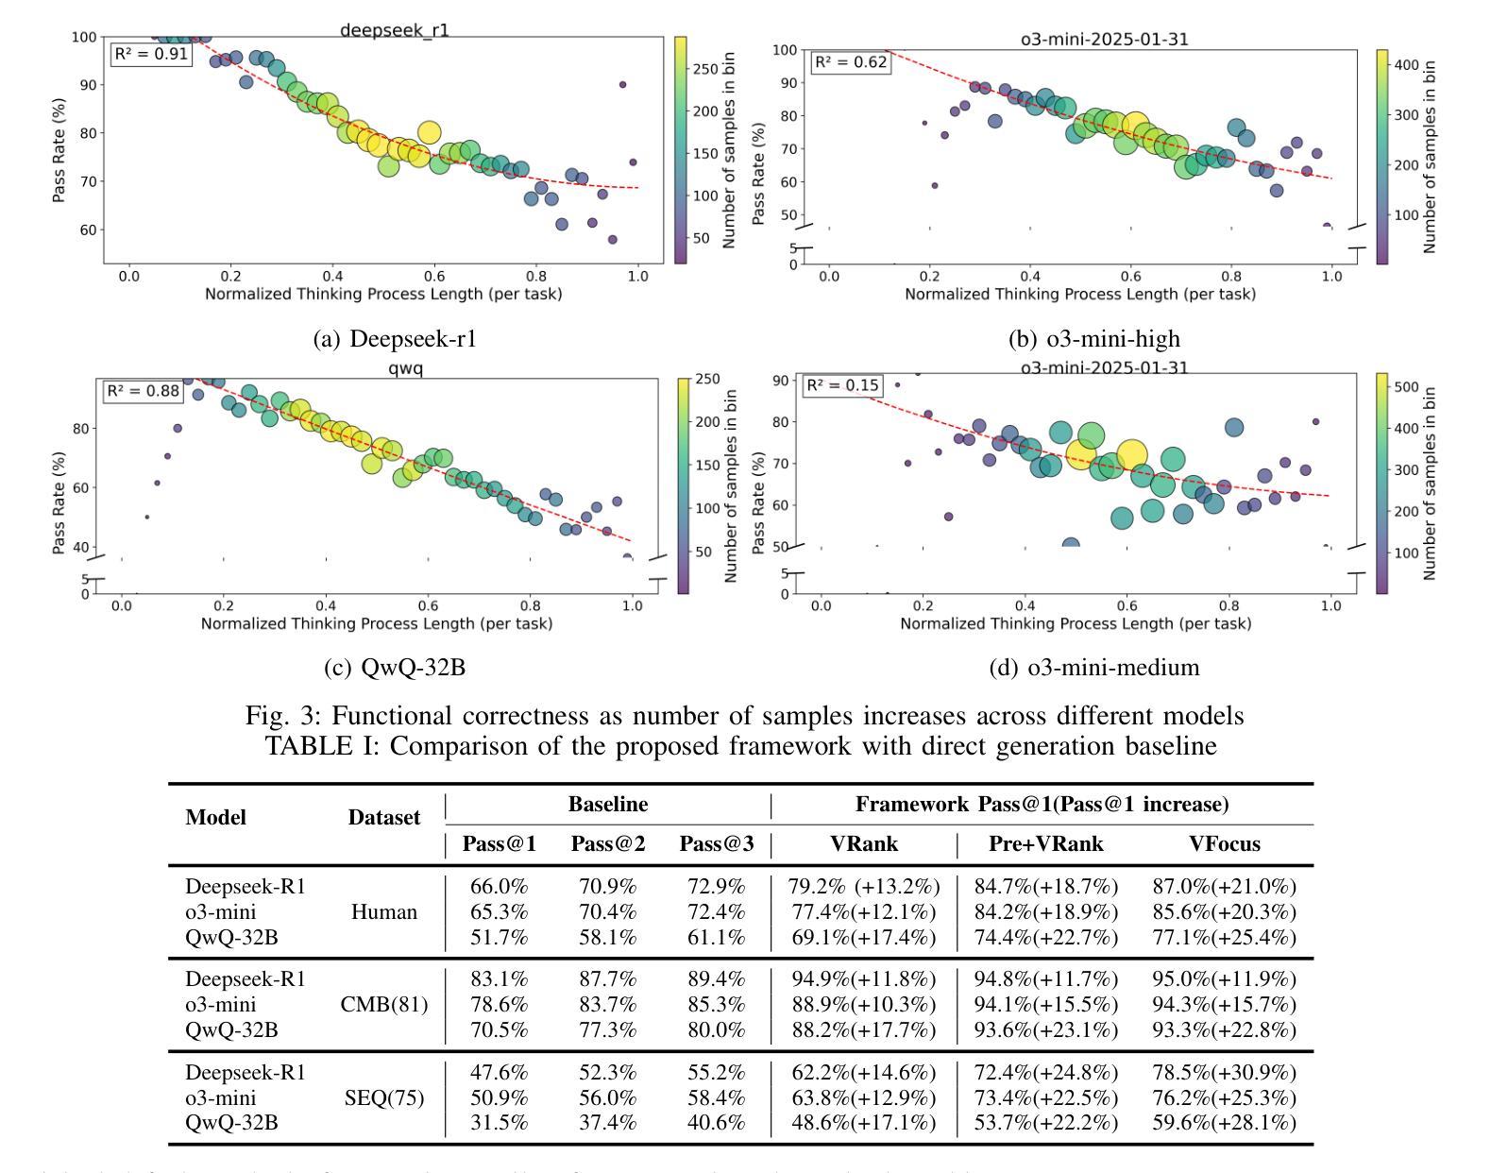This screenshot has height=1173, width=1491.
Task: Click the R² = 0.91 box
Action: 151,54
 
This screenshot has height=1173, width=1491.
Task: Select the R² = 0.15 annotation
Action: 841,384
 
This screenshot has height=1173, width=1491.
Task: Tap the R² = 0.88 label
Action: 143,391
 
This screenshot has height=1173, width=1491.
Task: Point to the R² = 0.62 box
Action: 851,62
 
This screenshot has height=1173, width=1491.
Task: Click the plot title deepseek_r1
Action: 394,30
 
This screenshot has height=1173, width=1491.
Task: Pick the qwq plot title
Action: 406,367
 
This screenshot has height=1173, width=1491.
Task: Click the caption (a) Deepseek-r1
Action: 395,338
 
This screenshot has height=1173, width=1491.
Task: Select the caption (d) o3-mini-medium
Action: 1093,668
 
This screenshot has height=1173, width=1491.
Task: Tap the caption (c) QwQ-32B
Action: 395,668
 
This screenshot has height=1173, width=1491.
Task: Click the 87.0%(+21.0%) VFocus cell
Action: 1224,887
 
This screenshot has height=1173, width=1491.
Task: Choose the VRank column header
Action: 863,844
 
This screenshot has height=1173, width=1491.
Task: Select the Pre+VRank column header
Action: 1045,844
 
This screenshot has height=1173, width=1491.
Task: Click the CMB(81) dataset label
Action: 383,1005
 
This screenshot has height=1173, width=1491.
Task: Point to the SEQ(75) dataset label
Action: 383,1098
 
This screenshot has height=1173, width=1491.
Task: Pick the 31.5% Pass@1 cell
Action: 499,1123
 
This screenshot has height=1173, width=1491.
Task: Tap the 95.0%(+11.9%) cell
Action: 1224,979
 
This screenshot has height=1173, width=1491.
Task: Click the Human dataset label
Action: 383,912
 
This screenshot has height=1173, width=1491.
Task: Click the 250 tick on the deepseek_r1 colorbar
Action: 706,69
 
